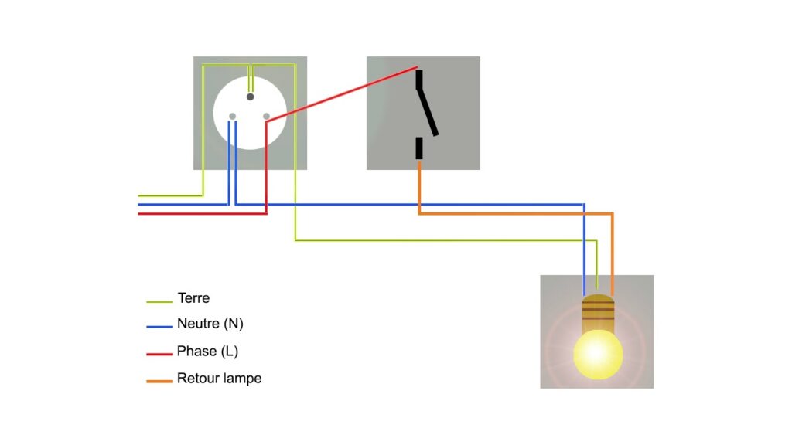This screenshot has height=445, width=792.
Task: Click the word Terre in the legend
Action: coord(193,298)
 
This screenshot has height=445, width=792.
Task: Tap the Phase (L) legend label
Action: coord(207,352)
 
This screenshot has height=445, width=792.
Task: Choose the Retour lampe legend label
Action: coord(219,379)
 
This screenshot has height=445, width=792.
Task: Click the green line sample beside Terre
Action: coord(159,301)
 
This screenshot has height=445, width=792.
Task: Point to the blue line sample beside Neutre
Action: coord(159,327)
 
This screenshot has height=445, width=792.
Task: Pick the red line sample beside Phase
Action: coord(159,355)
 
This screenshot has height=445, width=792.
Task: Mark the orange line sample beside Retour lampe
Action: coord(159,381)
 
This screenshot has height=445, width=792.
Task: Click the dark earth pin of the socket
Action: coord(250,97)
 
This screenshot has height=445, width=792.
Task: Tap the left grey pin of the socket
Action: coord(232,117)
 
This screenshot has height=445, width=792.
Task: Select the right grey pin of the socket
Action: coord(267,117)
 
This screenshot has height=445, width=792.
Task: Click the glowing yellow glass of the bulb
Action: coord(597,353)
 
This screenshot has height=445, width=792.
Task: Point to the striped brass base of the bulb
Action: coord(597,310)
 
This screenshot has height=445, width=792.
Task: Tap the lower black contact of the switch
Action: coord(419,148)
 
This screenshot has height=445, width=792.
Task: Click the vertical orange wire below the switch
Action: coord(419,185)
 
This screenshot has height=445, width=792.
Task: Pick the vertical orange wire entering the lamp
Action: coord(612,255)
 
